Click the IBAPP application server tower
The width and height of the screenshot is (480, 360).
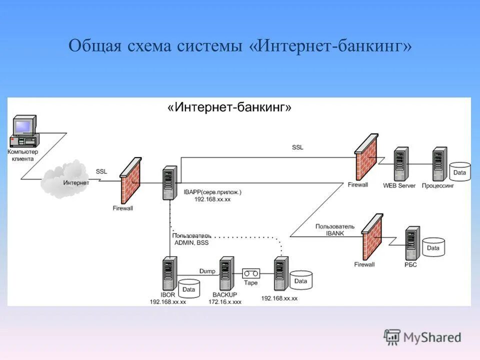[x=169, y=183]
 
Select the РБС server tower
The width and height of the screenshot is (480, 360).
[x=412, y=242]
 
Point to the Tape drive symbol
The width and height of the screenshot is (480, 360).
[x=251, y=273]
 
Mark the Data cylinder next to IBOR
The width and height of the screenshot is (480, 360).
[x=188, y=289]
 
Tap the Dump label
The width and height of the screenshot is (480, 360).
[x=207, y=270]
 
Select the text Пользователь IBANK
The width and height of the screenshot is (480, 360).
[x=334, y=229]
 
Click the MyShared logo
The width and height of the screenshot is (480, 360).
[x=422, y=337]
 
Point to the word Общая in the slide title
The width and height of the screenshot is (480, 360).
[x=93, y=46]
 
